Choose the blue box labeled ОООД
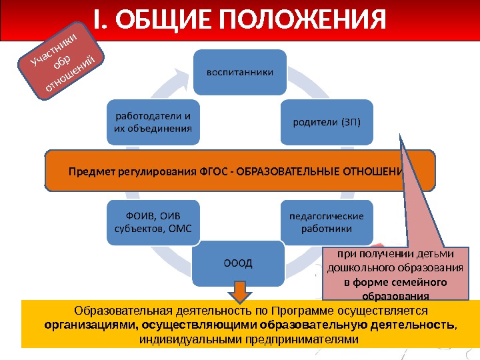pos(238,262)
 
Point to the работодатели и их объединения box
pos(153,121)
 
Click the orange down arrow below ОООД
pos(240,291)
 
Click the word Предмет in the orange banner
pos(87,171)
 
